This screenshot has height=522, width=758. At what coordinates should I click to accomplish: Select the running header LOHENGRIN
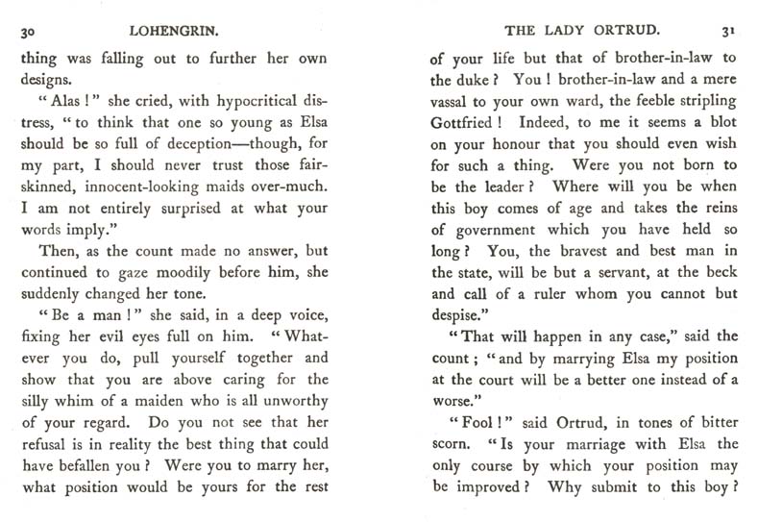tap(188, 31)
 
